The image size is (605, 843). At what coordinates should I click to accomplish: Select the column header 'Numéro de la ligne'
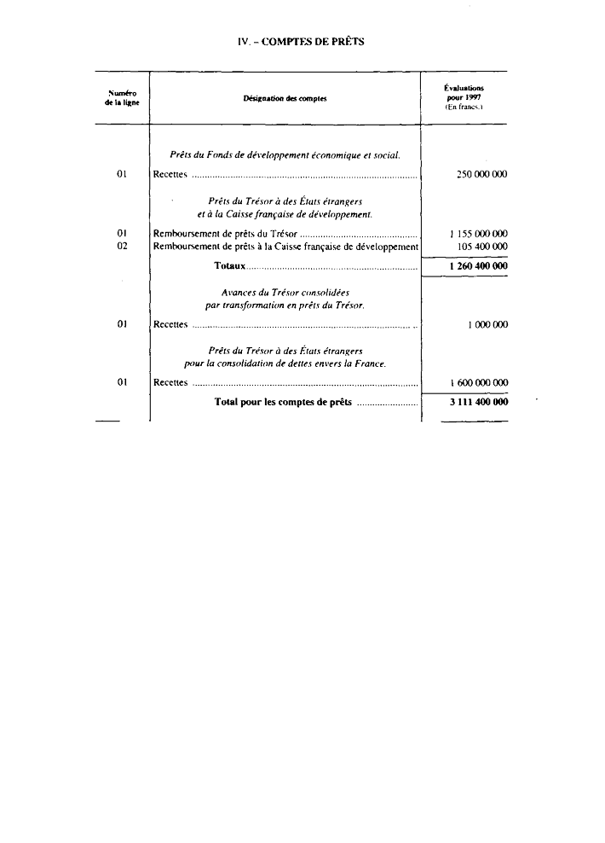(121, 97)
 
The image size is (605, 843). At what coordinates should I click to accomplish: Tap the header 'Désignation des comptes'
(285, 98)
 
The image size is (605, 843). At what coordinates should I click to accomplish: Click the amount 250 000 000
(481, 174)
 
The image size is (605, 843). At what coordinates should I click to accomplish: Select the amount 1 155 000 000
(478, 233)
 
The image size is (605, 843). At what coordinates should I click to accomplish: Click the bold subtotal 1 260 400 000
(478, 266)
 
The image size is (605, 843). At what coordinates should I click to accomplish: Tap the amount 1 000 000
(487, 324)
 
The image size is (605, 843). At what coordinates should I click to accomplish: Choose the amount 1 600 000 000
(478, 382)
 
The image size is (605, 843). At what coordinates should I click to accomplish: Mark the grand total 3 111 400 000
(478, 402)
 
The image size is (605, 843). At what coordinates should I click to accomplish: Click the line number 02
(121, 247)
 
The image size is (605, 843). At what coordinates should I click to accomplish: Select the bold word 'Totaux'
(230, 266)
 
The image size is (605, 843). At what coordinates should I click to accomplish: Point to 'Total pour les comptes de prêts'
(283, 402)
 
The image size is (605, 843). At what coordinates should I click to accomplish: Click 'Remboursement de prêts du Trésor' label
(225, 233)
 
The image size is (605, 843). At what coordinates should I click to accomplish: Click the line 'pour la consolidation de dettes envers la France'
(285, 364)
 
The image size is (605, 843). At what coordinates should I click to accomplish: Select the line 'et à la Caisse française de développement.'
(285, 214)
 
